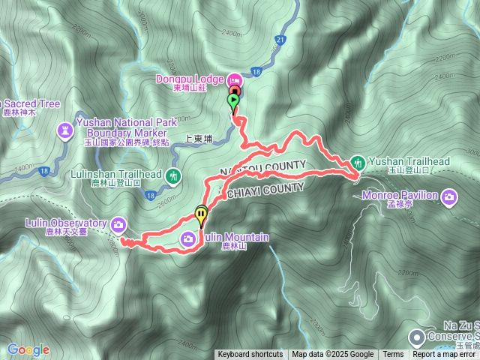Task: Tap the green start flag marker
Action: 233,100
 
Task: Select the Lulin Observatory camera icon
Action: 118,223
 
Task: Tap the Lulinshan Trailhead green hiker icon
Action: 174,177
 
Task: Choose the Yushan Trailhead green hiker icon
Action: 358,162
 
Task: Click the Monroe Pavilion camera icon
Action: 449,197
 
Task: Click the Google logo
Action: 28,349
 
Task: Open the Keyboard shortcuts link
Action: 250,355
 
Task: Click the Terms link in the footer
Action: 393,355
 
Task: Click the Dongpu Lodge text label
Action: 189,79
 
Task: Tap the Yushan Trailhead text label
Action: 409,161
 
